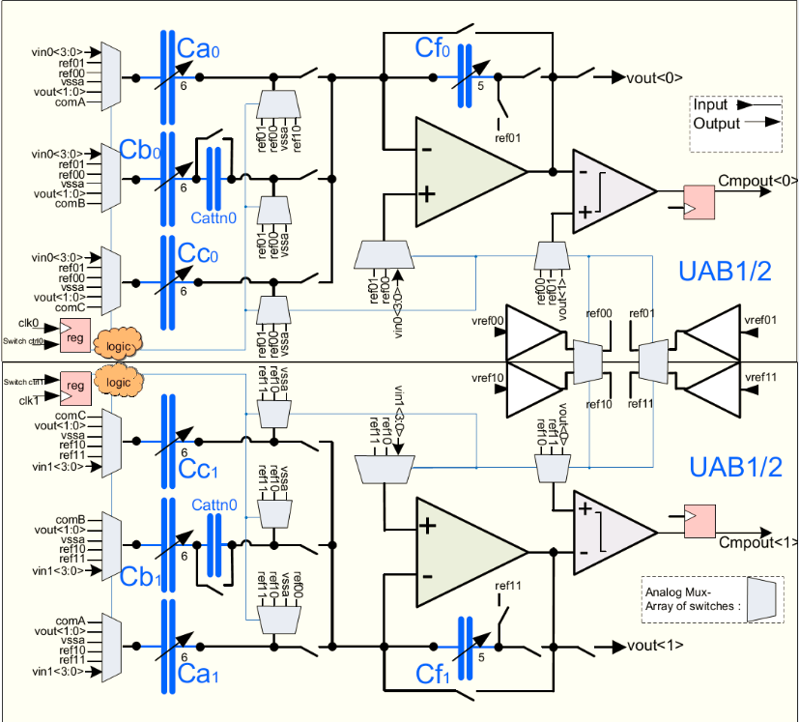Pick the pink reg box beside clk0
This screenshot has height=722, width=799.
click(x=74, y=336)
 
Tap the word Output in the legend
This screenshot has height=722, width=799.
click(x=717, y=123)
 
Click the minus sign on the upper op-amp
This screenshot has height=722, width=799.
click(x=424, y=150)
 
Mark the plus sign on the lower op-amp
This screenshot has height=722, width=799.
click(x=424, y=525)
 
